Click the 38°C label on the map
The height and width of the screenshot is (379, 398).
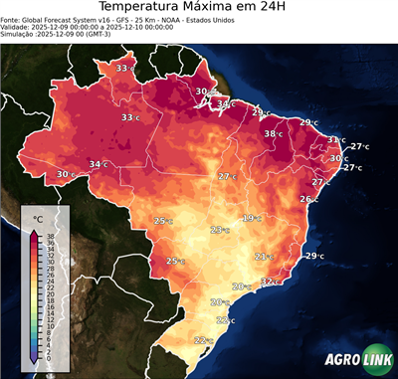pos(273,133)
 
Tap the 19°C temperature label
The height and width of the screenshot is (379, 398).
pos(251,218)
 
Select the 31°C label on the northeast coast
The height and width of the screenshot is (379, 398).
pos(336,140)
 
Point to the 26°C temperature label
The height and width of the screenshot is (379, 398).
pos(308,199)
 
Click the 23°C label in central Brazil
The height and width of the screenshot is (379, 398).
pos(219,230)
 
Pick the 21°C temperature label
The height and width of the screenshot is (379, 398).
pos(264,257)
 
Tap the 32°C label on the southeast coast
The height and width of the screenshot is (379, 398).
pos(270,282)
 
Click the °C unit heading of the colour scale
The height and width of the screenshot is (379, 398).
pos(38,217)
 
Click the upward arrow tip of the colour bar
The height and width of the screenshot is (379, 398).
pos(34,231)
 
